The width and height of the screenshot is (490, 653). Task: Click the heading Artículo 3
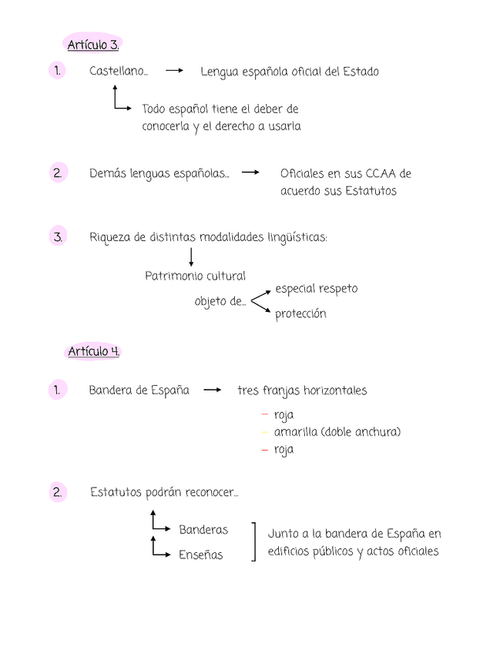pos(93,45)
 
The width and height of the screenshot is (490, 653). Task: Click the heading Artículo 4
pos(94,351)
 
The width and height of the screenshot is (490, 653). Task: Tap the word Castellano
pos(117,72)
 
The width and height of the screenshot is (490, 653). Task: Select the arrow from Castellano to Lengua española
pos(174,71)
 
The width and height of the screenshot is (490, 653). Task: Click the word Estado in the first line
pos(361,72)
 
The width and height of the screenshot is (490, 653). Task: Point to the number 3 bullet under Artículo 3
pos(58,236)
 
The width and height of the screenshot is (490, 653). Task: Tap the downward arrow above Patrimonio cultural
pos(191,257)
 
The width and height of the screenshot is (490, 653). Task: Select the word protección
pos(300,314)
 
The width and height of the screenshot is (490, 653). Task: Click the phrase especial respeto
pos(316,289)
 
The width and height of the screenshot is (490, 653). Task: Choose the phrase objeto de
pos(220,301)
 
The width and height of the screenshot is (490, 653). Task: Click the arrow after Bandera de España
pos(213,390)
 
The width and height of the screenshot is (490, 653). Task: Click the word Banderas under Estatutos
pos(203,530)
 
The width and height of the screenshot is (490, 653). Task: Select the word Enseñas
pos(200,554)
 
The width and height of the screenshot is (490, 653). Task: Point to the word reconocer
pos(210,492)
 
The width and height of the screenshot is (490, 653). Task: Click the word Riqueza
pos(110,237)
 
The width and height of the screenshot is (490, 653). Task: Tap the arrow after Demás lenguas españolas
pos(250,173)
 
